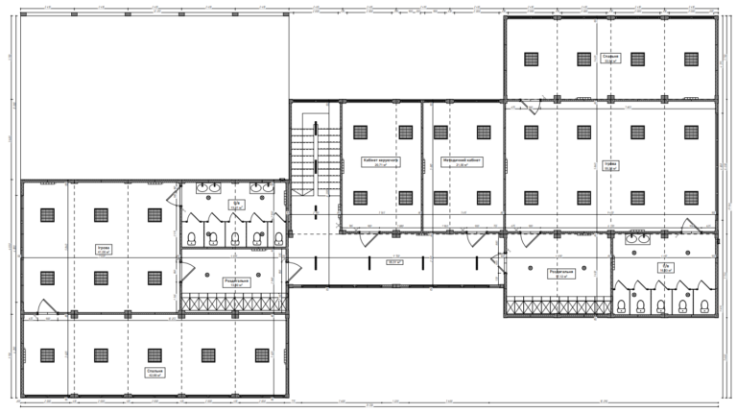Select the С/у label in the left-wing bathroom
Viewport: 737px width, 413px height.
[x=234, y=205]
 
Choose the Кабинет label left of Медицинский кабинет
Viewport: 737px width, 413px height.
[x=380, y=161]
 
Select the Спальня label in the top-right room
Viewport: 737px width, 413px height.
[x=611, y=59]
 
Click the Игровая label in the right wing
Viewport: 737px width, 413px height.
[x=610, y=165]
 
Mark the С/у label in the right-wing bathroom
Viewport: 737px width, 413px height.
[x=662, y=267]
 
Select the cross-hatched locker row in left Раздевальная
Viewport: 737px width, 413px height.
[x=233, y=303]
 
